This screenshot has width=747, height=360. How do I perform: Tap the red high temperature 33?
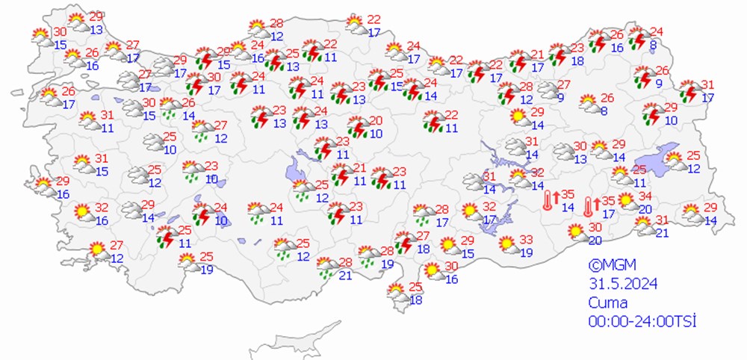[526, 240]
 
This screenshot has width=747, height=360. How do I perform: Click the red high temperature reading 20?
[376, 120]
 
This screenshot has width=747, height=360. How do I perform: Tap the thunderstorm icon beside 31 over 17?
[691, 91]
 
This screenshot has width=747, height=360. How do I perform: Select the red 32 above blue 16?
[102, 208]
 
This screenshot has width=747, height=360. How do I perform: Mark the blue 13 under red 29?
[96, 30]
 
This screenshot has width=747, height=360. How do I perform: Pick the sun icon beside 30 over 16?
[433, 271]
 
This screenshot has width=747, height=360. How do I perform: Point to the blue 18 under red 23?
[577, 60]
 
